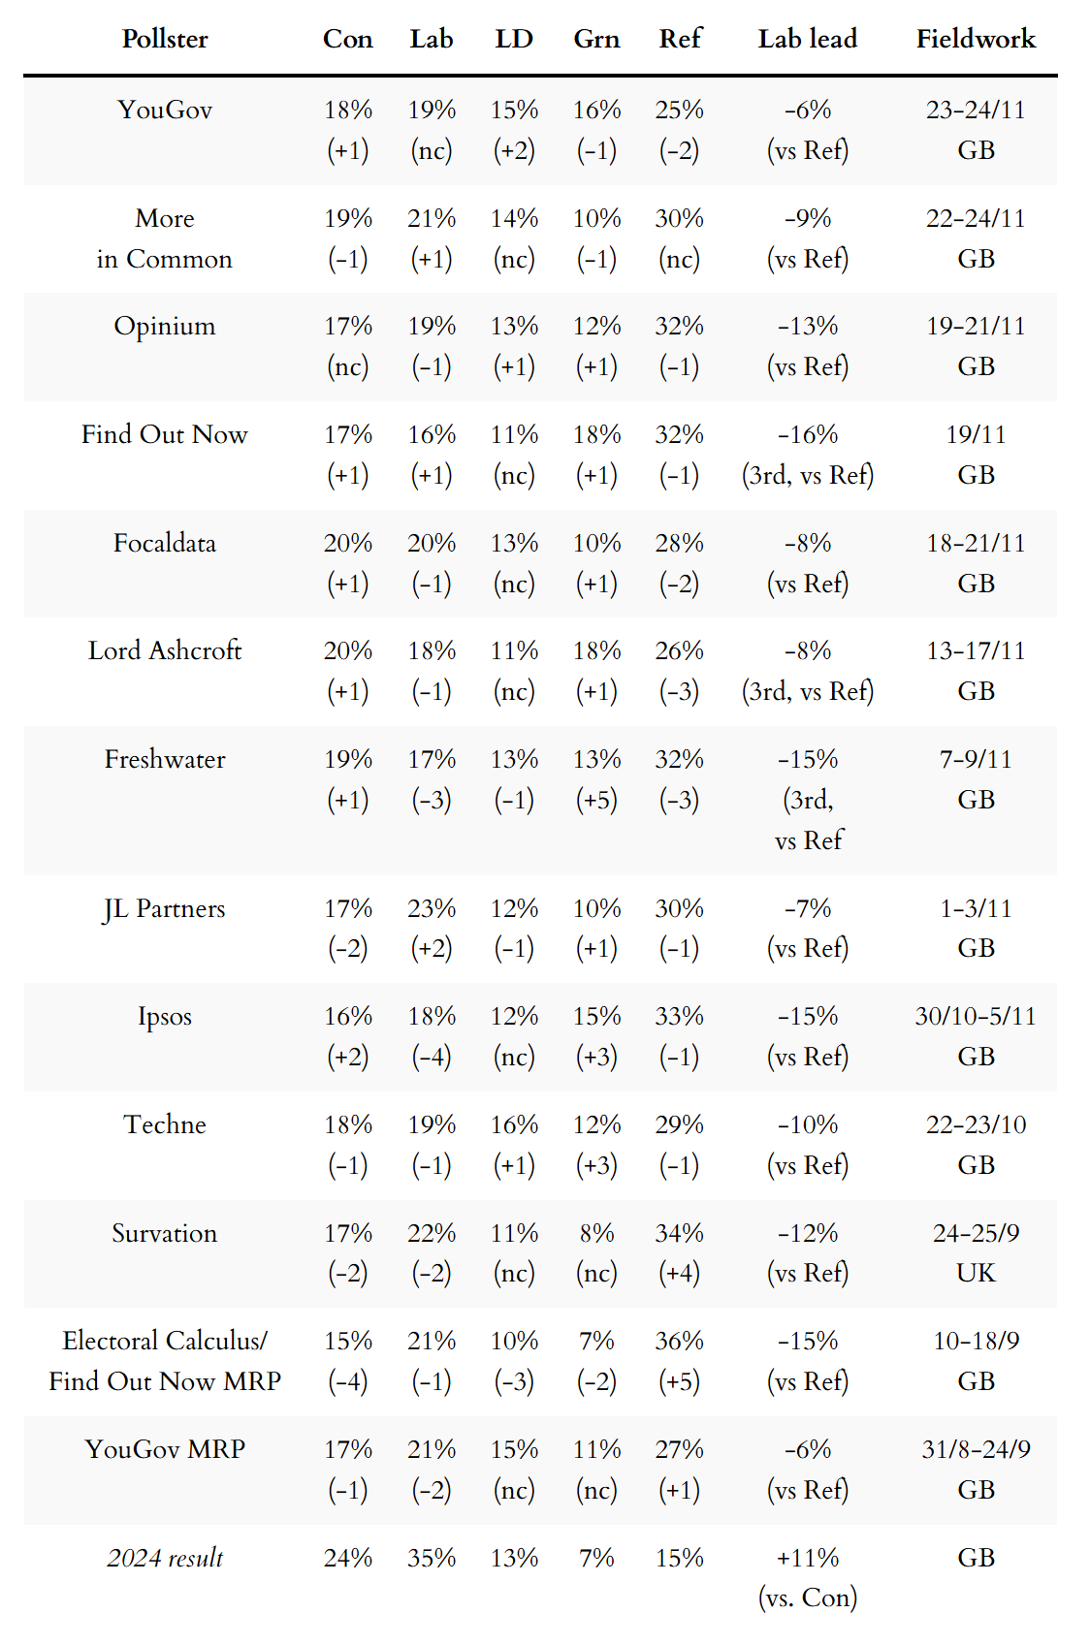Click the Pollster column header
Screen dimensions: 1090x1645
click(165, 39)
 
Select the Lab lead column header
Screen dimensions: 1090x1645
click(808, 39)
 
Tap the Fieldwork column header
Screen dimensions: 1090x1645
click(976, 39)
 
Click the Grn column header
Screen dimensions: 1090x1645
click(596, 39)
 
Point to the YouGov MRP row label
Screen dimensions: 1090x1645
click(165, 1449)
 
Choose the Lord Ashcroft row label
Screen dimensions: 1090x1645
click(165, 650)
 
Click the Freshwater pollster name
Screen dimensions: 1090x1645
click(165, 759)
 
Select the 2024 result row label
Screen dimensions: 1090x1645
click(165, 1558)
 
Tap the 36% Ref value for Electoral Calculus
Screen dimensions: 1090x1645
click(679, 1341)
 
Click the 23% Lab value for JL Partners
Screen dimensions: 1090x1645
click(432, 908)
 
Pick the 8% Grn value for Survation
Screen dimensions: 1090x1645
click(596, 1233)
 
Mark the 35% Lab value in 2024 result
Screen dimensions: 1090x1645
click(432, 1558)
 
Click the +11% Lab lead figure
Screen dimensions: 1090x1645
click(808, 1558)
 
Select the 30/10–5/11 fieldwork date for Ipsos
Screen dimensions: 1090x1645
click(976, 1016)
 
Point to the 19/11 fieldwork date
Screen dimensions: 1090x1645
click(976, 434)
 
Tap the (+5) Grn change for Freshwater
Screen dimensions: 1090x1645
click(596, 800)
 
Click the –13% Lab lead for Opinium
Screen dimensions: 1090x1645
click(808, 326)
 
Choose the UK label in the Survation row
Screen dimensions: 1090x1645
click(976, 1273)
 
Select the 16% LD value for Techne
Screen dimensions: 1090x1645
click(514, 1124)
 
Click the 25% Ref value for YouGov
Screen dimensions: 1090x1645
click(679, 110)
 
